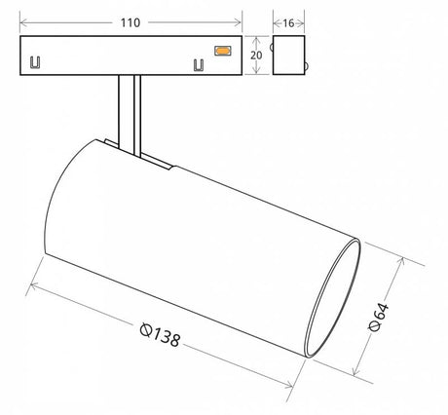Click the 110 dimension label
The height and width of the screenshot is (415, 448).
(x=131, y=22)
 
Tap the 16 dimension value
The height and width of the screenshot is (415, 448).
(x=288, y=23)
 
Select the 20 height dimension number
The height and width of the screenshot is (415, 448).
(x=256, y=56)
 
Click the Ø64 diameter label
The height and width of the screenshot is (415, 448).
(x=379, y=317)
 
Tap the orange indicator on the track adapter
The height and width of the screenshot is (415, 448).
(x=223, y=51)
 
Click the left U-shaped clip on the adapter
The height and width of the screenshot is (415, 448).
(x=35, y=62)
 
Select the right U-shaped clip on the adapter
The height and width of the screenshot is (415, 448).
(x=199, y=65)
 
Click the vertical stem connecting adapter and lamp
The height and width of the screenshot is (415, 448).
(x=130, y=115)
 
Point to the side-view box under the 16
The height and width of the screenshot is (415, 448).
(x=288, y=56)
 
